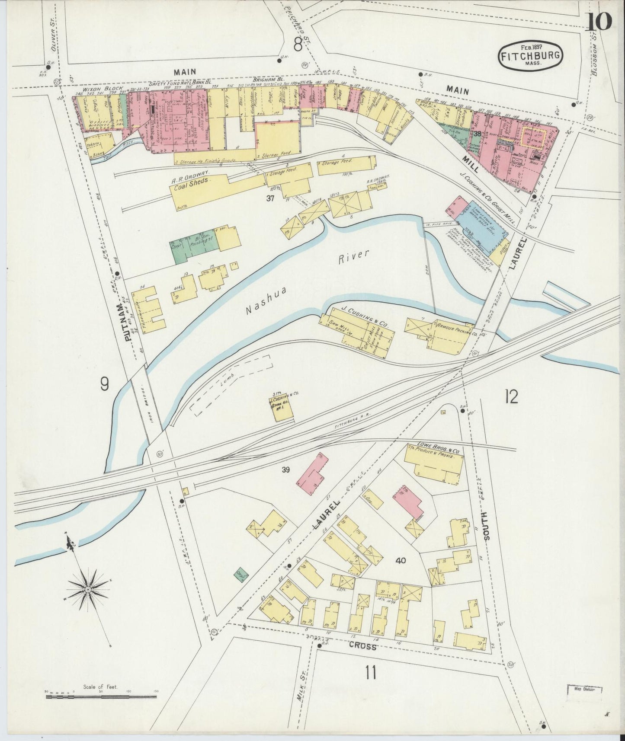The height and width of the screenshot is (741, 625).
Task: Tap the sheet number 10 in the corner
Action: [x=599, y=21]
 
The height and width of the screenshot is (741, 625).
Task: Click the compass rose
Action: [x=88, y=590]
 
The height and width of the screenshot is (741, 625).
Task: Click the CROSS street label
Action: [x=362, y=647]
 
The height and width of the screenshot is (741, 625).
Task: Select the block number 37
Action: [x=271, y=198]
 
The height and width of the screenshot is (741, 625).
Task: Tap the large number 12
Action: [x=511, y=396]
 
